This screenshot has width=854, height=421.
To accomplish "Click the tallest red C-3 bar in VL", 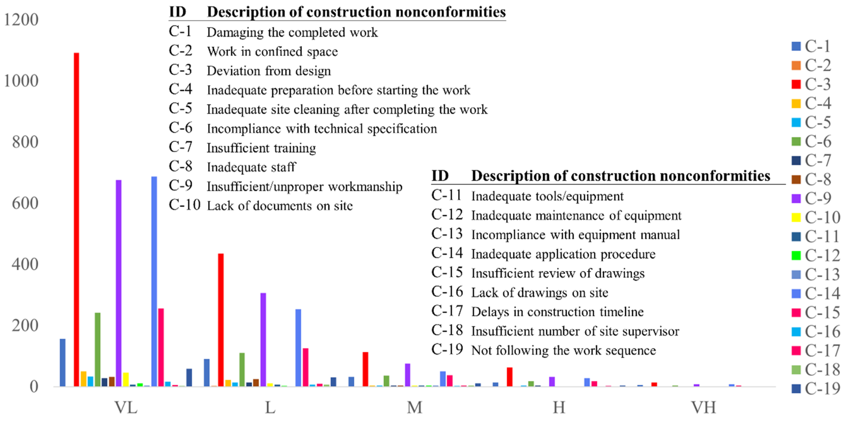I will point(76,219).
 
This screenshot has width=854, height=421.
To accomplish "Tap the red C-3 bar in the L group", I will point(221,320).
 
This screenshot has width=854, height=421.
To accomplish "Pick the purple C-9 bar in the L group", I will point(263,340).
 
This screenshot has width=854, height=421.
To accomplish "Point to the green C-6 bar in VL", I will point(97,350).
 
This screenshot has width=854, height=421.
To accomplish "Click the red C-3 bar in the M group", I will point(365,369).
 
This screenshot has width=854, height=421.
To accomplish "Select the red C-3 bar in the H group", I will point(510,377).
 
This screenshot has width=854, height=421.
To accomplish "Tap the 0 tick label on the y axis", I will point(34,387).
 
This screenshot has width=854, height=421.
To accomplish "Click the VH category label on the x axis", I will point(704,407).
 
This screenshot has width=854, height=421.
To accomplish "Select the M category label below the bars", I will point(415,407).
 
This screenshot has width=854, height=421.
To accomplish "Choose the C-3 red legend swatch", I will point(796,84).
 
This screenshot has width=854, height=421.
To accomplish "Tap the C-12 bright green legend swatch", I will point(796,256).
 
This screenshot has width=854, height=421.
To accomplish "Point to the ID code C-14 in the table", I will point(447,253).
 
